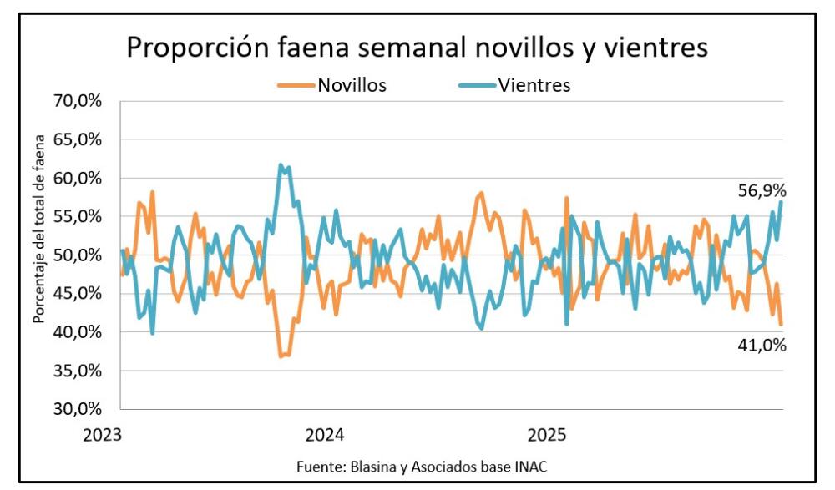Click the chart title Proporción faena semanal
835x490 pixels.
pyautogui.click(x=417, y=47)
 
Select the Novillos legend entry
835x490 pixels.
pyautogui.click(x=351, y=84)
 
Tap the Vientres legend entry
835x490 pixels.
pyautogui.click(x=534, y=84)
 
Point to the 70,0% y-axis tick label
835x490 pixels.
pyautogui.click(x=78, y=101)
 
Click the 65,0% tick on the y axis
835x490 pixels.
pyautogui.click(x=78, y=139)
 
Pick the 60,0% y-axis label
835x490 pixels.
pyautogui.click(x=78, y=178)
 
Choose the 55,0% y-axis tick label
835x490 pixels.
pyautogui.click(x=78, y=216)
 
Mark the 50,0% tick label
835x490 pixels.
pyautogui.click(x=78, y=255)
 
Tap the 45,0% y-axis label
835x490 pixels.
pyautogui.click(x=78, y=293)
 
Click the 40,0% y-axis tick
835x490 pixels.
pyautogui.click(x=78, y=332)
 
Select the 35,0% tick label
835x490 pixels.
pyautogui.click(x=78, y=371)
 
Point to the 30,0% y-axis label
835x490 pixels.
pyautogui.click(x=78, y=409)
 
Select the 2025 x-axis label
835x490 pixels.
pyautogui.click(x=548, y=435)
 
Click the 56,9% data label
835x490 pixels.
pyautogui.click(x=762, y=190)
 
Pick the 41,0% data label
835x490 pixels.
pyautogui.click(x=762, y=343)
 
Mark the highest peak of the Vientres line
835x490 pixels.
pyautogui.click(x=281, y=164)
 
